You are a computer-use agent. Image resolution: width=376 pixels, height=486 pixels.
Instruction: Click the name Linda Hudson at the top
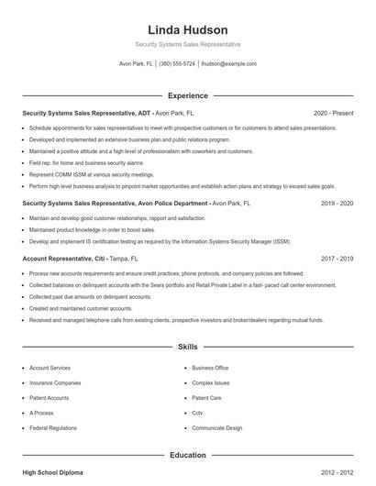(187, 30)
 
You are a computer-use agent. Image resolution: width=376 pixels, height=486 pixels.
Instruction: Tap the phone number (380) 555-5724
(177, 64)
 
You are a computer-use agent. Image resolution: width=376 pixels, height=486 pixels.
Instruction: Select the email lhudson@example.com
(228, 64)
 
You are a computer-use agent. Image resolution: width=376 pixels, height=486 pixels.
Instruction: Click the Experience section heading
(187, 95)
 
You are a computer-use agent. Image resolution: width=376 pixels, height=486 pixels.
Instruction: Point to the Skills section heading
(187, 348)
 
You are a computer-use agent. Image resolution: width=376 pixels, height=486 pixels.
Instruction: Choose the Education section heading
(187, 455)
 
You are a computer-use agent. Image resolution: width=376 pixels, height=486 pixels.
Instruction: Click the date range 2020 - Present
(333, 113)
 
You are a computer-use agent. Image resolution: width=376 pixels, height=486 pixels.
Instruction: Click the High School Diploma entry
(52, 472)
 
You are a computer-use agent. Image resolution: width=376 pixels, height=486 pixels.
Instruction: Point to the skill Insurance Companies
(55, 382)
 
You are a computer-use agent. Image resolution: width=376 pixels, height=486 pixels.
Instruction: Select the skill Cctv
(199, 413)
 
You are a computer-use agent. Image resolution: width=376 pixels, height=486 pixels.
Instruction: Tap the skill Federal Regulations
(52, 428)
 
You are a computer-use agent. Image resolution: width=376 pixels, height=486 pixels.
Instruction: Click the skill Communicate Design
(217, 428)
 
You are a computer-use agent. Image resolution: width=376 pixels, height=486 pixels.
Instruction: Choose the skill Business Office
(210, 367)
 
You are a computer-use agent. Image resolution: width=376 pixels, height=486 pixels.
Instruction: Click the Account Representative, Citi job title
(64, 259)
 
